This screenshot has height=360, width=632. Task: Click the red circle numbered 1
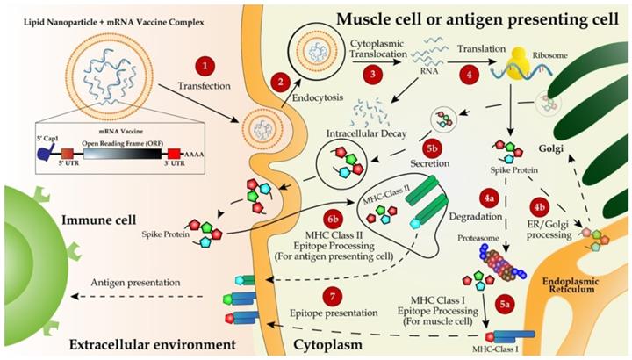pos(205,65)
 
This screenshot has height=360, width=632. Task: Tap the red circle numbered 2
pos(281,83)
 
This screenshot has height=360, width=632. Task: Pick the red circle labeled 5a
pos(507,304)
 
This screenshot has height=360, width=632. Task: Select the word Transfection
pos(205,88)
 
